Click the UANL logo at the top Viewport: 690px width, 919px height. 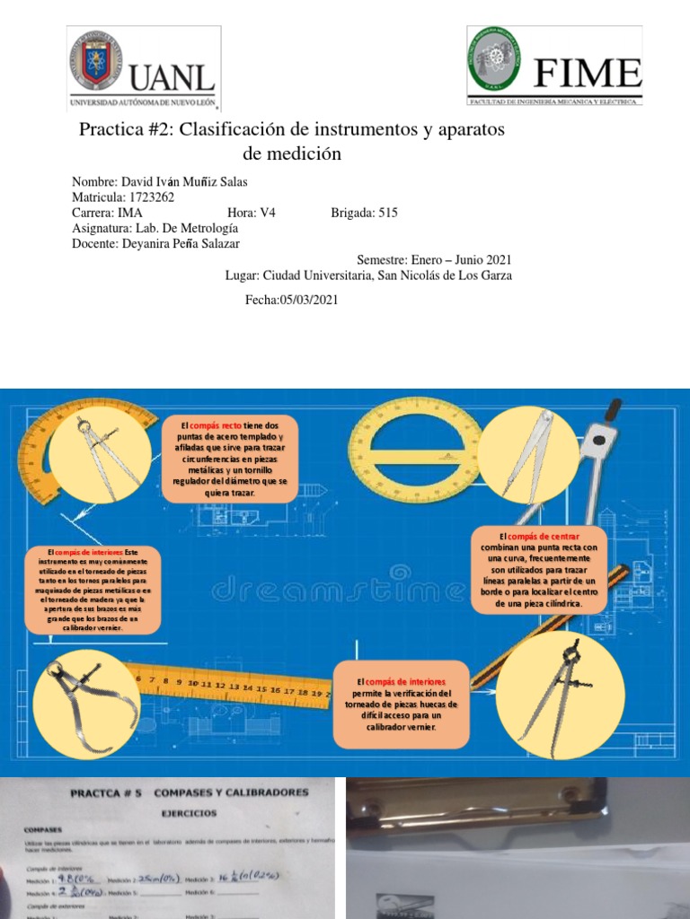click(143, 68)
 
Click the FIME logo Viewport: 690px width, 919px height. click(554, 66)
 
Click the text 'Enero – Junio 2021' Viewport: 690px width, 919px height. click(463, 259)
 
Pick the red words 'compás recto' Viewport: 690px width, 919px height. click(216, 424)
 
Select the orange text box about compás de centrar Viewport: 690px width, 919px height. click(539, 570)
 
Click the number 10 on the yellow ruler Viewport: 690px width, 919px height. click(191, 684)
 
